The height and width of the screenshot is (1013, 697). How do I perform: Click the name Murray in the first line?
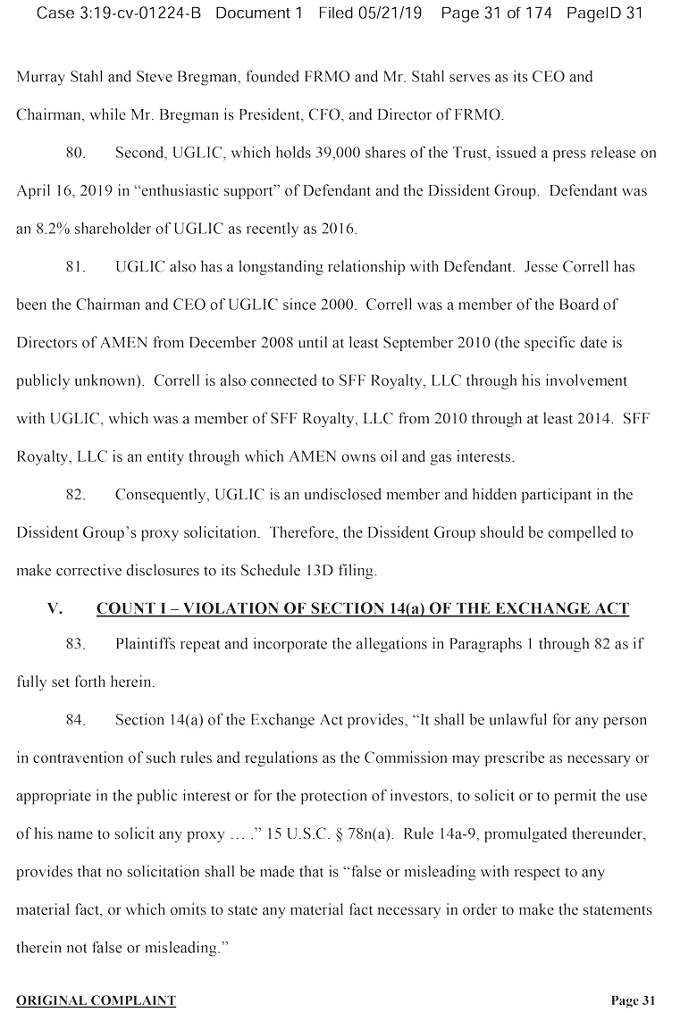(x=38, y=77)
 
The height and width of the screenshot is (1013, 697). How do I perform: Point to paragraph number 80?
(x=76, y=153)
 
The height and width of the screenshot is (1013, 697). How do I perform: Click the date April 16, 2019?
(x=59, y=191)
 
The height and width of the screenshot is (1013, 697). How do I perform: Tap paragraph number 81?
(x=76, y=267)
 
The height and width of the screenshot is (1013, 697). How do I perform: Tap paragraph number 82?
(x=76, y=495)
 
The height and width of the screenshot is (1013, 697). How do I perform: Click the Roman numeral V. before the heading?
(x=55, y=609)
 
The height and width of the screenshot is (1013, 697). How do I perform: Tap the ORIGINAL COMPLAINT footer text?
(x=97, y=1000)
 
